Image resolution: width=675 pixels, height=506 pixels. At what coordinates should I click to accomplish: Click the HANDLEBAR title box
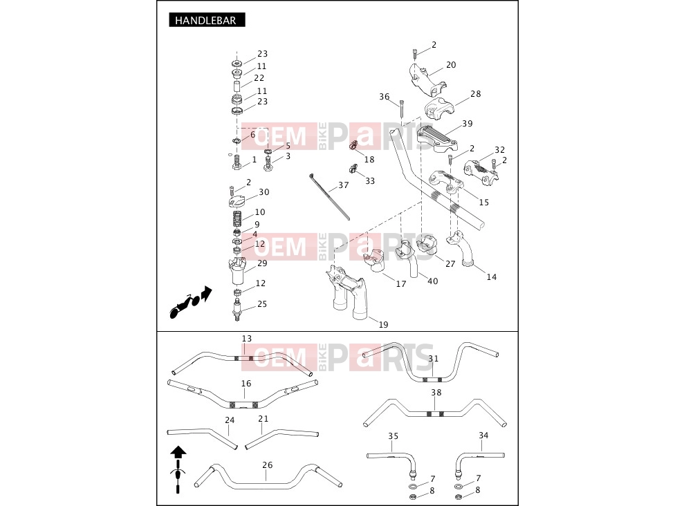tap(207, 20)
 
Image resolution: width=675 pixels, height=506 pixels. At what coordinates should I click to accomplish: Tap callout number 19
tap(383, 325)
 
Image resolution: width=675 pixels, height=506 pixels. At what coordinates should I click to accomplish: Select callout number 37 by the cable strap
tap(343, 185)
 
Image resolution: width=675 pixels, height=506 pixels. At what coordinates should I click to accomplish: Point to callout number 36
tap(384, 97)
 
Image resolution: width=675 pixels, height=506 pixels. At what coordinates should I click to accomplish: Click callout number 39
tap(467, 124)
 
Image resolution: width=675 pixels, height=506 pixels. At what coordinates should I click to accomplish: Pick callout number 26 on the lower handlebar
tap(268, 465)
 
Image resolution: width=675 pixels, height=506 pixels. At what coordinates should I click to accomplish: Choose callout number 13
tap(246, 339)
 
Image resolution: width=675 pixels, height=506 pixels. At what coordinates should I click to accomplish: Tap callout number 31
tap(433, 358)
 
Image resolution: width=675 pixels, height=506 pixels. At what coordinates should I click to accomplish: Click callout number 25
tap(262, 304)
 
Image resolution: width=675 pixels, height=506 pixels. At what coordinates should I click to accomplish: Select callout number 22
tap(259, 78)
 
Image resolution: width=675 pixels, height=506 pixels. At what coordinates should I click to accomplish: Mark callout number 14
tap(491, 277)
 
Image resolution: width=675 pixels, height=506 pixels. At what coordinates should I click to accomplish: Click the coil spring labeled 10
tap(237, 218)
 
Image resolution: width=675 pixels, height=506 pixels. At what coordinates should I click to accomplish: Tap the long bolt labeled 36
tap(402, 108)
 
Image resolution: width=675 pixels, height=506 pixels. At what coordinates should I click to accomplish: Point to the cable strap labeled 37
tap(329, 196)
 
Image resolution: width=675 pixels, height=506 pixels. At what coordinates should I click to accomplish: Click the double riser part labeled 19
tap(347, 292)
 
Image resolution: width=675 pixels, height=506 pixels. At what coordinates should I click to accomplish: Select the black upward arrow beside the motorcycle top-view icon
tap(178, 453)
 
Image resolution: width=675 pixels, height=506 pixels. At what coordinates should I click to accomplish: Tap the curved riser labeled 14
tap(461, 249)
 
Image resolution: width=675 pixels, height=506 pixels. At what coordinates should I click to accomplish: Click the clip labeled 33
tap(353, 169)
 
